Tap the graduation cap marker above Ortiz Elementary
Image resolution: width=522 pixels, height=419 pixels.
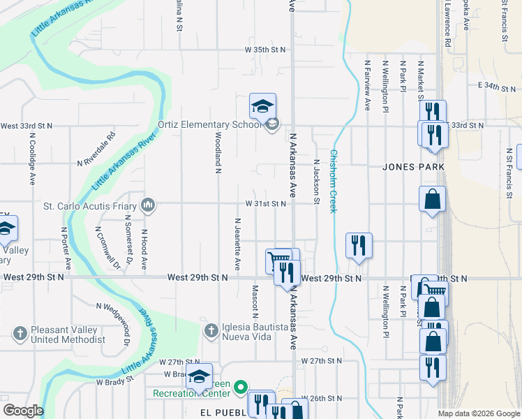[x=262, y=106]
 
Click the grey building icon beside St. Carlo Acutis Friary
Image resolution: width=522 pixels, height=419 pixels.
[x=147, y=205]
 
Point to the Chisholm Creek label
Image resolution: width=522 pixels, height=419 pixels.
[x=334, y=182]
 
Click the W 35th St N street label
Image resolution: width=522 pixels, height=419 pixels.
[x=265, y=50]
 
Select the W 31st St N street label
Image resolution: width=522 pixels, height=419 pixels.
[x=265, y=204]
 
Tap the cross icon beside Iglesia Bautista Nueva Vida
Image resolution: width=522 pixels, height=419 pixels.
[x=211, y=329]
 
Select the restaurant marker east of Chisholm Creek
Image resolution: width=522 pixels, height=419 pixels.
[x=359, y=245]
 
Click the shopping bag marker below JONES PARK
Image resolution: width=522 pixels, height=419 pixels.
[x=433, y=198]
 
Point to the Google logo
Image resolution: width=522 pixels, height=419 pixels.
[x=22, y=411]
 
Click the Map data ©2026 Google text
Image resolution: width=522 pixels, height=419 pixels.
[x=479, y=413]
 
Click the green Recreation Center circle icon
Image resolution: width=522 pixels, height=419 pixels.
[x=241, y=386]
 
